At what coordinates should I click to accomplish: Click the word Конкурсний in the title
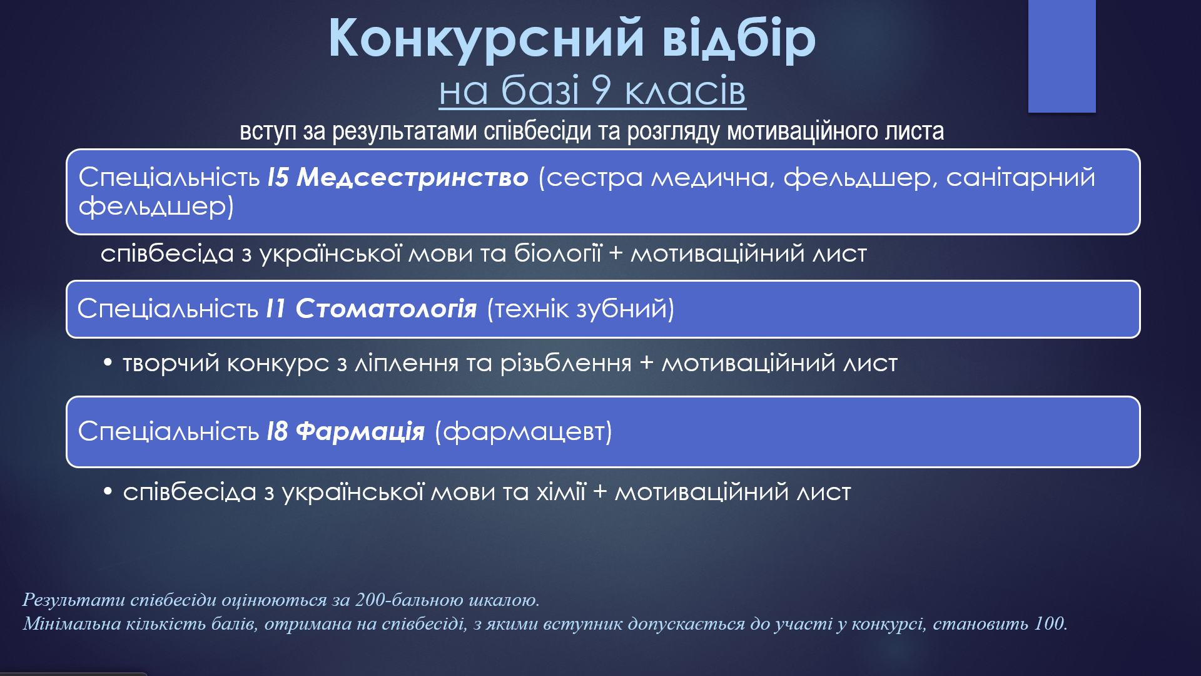486,39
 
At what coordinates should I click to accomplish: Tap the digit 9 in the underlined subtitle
601,90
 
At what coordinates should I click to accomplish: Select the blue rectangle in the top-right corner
1062,56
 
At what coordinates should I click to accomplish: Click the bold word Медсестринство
412,177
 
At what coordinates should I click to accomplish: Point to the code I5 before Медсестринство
278,177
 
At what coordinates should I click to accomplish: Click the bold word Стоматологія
386,308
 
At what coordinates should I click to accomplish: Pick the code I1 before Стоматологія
275,308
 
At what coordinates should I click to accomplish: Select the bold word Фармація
360,431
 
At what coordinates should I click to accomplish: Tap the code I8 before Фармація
277,431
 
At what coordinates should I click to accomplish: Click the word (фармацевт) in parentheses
523,431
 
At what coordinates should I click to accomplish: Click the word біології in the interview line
557,253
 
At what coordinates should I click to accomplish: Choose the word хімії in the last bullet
561,491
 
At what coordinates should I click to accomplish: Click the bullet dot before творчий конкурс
108,362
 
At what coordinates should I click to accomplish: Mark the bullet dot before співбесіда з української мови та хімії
108,491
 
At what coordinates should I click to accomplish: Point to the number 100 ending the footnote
1050,623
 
